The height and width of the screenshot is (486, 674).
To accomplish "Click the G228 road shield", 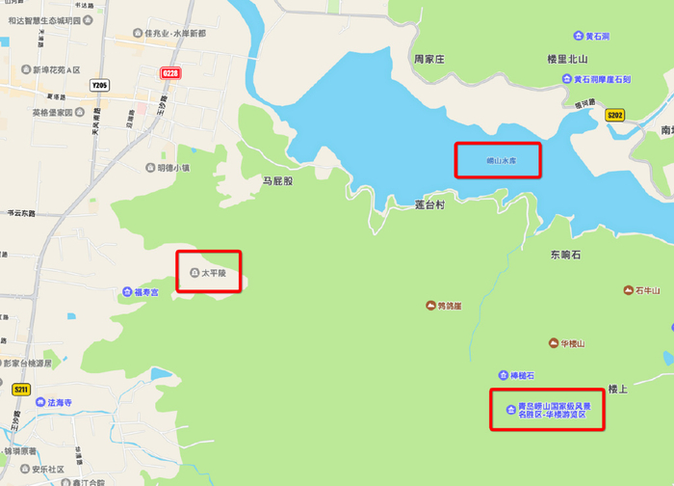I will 170,73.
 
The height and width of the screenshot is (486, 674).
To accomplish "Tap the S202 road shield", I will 614,115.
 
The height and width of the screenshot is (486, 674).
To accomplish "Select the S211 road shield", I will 20,390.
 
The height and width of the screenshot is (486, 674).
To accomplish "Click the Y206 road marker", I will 99,86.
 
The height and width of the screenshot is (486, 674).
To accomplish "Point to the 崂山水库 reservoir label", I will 497,160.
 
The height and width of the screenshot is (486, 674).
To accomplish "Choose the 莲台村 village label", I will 429,205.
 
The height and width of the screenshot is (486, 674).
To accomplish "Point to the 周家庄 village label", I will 429,59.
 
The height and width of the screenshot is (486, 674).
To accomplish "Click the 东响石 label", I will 565,256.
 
